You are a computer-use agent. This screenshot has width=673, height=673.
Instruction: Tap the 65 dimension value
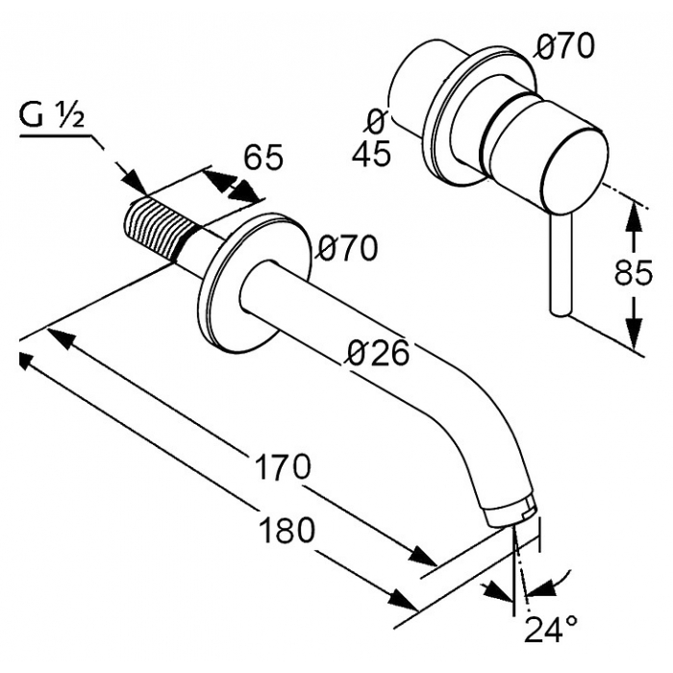point(263,157)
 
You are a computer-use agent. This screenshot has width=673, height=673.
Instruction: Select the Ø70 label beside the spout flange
point(348,248)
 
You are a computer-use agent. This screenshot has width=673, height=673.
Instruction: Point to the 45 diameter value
point(371,153)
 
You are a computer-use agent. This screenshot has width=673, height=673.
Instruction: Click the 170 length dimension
point(282,467)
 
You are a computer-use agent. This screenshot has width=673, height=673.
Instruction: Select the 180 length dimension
point(287,530)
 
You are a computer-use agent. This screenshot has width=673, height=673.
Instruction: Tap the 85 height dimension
point(634,272)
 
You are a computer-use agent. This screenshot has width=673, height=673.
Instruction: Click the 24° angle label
point(551,630)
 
